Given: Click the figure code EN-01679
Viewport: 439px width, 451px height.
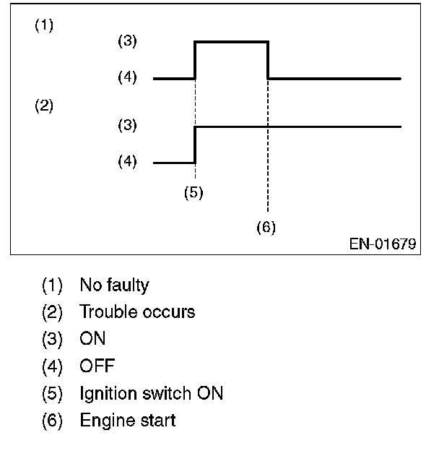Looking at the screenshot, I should (x=383, y=244).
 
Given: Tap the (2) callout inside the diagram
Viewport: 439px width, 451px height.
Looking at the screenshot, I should (x=44, y=106).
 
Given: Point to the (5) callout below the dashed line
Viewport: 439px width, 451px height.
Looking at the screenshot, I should (x=193, y=193).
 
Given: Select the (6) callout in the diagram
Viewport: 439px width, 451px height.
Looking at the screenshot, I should (x=266, y=227).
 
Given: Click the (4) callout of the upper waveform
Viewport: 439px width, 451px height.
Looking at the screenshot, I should (x=127, y=77).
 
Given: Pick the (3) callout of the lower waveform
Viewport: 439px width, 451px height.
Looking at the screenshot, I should (x=127, y=126).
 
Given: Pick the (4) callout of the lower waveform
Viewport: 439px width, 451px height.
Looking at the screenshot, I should (x=127, y=163).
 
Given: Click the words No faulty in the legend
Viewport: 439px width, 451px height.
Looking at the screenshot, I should (x=114, y=285).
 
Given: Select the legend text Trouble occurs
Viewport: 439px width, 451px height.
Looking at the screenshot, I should (x=137, y=312).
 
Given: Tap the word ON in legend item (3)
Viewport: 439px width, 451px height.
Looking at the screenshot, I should (x=92, y=339).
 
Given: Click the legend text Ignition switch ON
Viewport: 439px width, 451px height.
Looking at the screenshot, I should (x=151, y=393).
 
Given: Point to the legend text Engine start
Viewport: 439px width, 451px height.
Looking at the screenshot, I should (x=127, y=420).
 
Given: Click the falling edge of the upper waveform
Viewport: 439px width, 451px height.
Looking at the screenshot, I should (x=268, y=60).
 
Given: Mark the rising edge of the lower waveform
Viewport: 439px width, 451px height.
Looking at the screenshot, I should (x=196, y=145).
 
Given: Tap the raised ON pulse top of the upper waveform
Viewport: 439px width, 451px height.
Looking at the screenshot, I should (x=232, y=43).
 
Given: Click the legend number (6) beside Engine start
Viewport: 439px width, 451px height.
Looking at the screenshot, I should (x=53, y=420).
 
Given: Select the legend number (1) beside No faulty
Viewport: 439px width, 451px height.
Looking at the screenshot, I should (x=53, y=285).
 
